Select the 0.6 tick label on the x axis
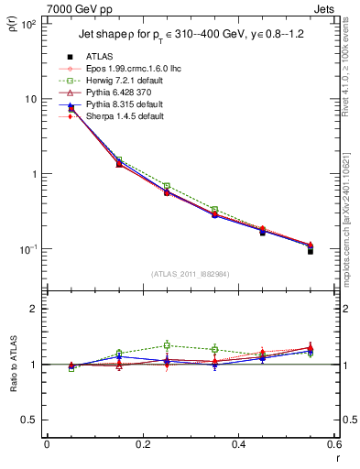[334, 445]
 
